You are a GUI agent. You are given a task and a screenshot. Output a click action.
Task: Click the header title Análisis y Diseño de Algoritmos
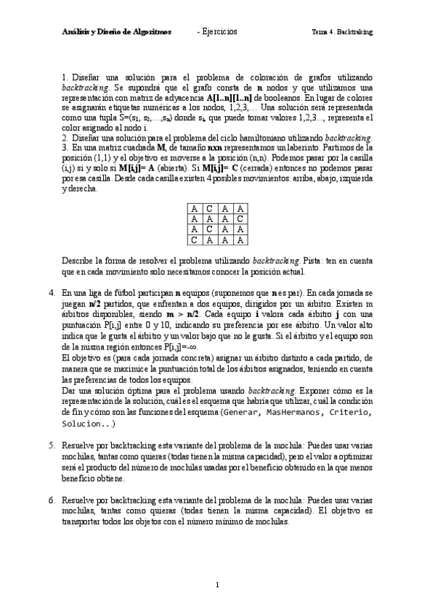tap(116, 32)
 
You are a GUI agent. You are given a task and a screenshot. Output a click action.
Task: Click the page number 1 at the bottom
tap(217, 585)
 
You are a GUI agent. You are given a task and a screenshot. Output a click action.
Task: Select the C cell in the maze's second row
tap(240, 218)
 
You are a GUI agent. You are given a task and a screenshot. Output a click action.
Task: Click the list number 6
tap(52, 500)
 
